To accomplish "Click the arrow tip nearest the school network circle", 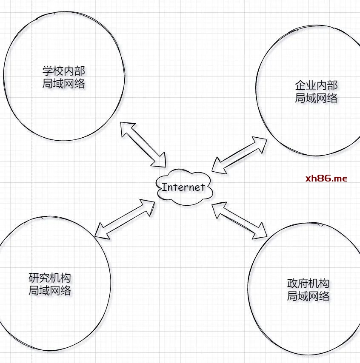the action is coord(121,122).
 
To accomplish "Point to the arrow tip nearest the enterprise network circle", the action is coord(267,139).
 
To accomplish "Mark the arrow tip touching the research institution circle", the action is coord(95,236).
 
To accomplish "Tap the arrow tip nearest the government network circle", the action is coord(267,237).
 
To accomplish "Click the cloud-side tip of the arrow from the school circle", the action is coord(166,167).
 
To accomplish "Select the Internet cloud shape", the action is coord(185,187).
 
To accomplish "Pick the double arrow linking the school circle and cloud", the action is coord(143,145).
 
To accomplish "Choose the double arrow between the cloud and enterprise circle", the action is coord(240,155).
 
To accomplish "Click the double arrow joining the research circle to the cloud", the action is coord(125,219).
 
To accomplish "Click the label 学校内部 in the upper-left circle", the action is coord(64,71).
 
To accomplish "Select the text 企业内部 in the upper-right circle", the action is coord(316,85).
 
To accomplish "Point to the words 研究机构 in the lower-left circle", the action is coord(50,278).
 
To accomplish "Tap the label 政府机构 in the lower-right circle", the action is coord(308,284).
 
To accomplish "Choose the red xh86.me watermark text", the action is coord(326,179).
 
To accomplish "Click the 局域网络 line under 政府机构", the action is coord(308,296).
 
